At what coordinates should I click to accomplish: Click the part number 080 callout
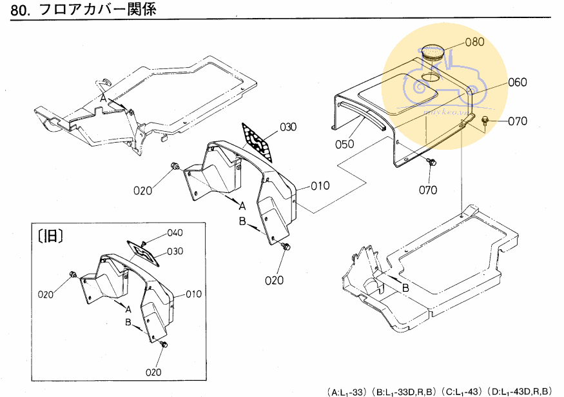[474, 43]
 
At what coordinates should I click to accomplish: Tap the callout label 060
[517, 82]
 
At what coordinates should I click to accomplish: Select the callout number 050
[344, 144]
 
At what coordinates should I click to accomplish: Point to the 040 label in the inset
[175, 232]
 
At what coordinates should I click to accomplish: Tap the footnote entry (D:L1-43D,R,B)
[520, 391]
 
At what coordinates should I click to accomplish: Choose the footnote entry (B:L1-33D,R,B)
[404, 391]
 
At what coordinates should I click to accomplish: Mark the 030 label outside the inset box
[287, 127]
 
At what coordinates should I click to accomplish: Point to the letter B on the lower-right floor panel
[405, 288]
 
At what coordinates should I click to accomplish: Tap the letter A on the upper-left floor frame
[102, 97]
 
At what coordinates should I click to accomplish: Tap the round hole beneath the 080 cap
[429, 77]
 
